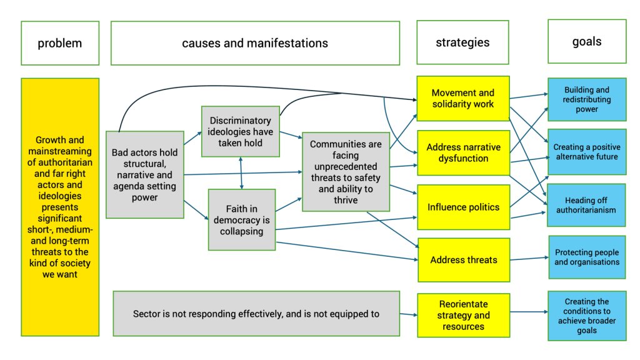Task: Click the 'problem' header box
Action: [x=60, y=43]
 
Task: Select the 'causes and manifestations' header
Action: [x=255, y=43]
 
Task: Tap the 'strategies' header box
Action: [x=462, y=42]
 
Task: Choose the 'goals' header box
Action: [x=587, y=41]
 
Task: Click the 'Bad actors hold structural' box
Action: [x=144, y=174]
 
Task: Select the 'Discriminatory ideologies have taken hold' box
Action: [x=241, y=131]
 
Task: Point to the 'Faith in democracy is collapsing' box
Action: [x=241, y=219]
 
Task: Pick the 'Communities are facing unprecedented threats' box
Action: [x=346, y=171]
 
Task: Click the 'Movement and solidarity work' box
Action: [x=463, y=98]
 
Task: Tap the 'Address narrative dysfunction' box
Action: [x=463, y=152]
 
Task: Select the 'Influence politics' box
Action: [x=463, y=207]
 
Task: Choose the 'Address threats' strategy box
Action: [x=464, y=259]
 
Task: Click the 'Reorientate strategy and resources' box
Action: [x=463, y=315]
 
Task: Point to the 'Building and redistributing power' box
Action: [x=587, y=99]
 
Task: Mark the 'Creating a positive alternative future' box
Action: [x=587, y=152]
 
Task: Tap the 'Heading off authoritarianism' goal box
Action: [x=586, y=205]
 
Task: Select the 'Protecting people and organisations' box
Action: [x=587, y=257]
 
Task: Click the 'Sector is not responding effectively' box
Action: [x=256, y=314]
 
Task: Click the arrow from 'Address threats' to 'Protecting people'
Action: [x=529, y=258]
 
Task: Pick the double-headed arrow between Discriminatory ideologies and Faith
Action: [x=241, y=172]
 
